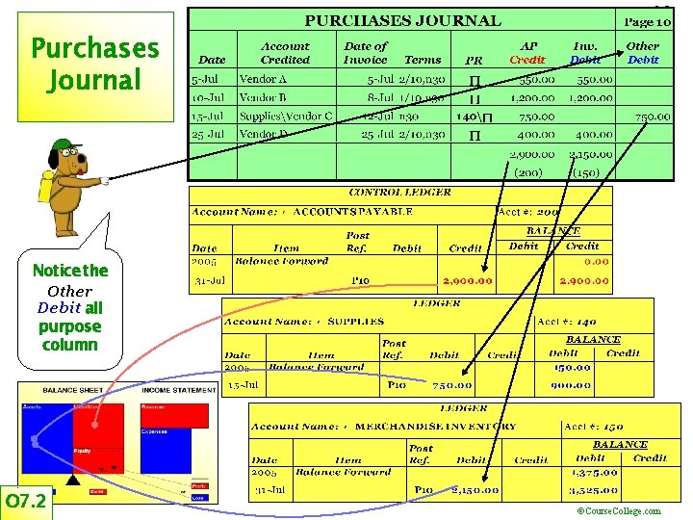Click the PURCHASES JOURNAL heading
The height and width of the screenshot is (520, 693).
402,20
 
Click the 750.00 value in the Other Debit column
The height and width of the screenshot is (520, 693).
653,117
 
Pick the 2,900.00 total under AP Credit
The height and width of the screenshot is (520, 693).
532,154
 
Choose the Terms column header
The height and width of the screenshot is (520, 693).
423,60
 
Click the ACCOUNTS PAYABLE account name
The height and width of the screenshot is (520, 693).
353,211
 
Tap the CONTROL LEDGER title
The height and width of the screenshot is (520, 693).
399,193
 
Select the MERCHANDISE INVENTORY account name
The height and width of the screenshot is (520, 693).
436,426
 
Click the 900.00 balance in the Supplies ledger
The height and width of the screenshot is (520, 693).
572,385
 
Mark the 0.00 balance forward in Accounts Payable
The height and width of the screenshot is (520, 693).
597,261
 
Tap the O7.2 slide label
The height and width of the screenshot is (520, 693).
26,502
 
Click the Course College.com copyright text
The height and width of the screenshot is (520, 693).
618,511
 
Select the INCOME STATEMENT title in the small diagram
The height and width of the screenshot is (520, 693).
178,390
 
